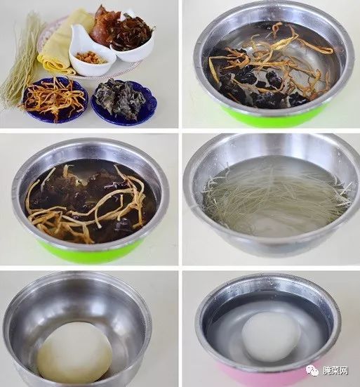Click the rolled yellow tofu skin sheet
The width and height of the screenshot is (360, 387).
[x=59, y=43]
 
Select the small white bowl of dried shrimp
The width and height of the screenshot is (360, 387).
[x=91, y=53]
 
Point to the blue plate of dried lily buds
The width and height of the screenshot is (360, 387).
[x=55, y=99]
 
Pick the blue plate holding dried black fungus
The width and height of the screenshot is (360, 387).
[x=124, y=102]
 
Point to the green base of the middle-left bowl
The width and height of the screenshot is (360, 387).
[x=91, y=251]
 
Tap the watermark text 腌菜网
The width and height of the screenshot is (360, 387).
[x=335, y=370]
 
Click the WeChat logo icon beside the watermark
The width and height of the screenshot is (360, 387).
[x=312, y=370]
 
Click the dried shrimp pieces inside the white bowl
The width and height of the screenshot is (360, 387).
[x=92, y=58]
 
